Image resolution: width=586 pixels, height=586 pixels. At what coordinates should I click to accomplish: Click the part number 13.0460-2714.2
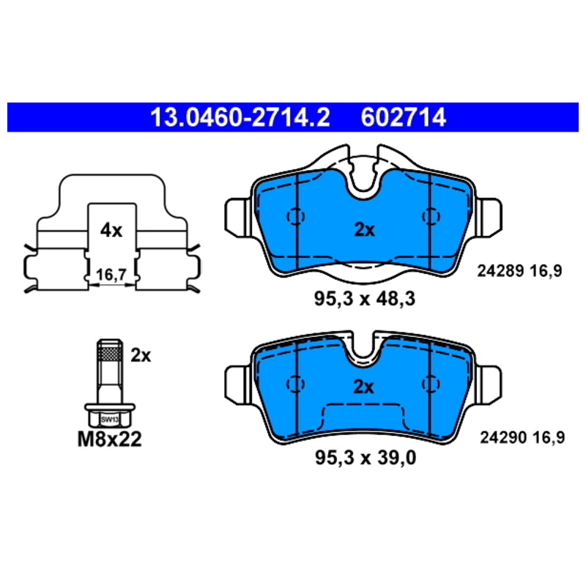point(240,117)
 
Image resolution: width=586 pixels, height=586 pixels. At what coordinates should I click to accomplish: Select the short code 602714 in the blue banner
point(404,117)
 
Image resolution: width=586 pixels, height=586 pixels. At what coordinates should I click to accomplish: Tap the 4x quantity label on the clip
point(111,231)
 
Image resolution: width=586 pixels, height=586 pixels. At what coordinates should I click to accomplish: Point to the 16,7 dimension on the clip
point(111,275)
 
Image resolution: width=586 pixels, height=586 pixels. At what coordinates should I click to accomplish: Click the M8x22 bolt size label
point(109,439)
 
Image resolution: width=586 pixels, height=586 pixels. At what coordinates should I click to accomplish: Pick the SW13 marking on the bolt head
point(110,420)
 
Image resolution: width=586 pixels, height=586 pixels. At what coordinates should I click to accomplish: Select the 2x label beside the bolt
point(141,355)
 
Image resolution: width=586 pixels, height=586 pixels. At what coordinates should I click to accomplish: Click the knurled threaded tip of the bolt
point(110,350)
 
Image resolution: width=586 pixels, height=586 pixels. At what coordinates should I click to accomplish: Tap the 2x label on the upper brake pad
point(364,230)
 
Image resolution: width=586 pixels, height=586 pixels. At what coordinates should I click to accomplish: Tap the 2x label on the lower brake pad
point(363,387)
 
